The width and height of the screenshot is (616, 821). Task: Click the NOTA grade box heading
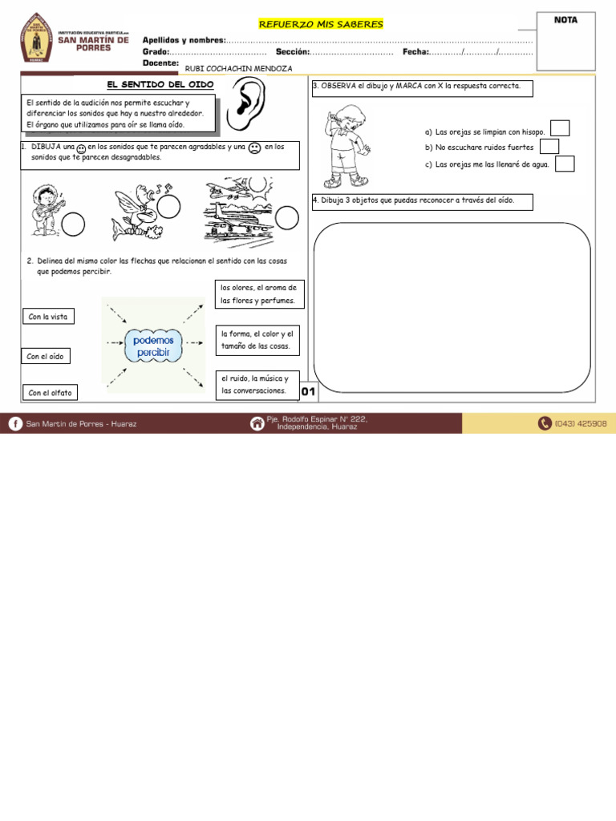(565, 20)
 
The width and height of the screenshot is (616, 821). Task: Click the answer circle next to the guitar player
(73, 224)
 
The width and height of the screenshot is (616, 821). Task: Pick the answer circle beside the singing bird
(168, 208)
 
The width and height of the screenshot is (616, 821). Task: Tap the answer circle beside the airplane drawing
(286, 217)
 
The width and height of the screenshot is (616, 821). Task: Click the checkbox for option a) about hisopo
(560, 128)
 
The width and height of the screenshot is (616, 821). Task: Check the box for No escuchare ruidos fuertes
(549, 146)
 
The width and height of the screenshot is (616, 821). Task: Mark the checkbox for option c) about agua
(565, 164)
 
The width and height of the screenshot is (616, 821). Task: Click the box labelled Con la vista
(49, 317)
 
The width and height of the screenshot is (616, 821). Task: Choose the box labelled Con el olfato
(50, 392)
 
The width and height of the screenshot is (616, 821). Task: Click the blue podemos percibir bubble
(153, 346)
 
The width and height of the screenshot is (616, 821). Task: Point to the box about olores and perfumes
(259, 294)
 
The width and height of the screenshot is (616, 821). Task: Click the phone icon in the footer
(545, 423)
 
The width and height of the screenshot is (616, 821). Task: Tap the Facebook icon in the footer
(15, 423)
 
